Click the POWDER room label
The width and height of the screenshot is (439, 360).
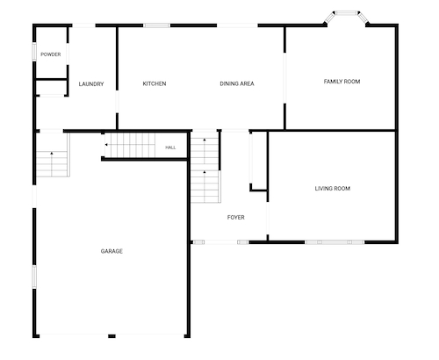(x=51, y=54)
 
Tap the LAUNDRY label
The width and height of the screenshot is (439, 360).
(x=91, y=84)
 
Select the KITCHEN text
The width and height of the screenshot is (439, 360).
(x=155, y=83)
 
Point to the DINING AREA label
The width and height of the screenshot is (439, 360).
(x=237, y=83)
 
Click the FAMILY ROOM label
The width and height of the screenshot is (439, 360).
(x=342, y=82)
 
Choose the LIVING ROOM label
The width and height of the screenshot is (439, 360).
(x=333, y=189)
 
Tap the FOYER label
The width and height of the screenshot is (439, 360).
(x=235, y=218)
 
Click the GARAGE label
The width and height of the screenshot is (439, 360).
(x=112, y=251)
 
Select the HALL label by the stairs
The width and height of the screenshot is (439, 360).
(x=170, y=148)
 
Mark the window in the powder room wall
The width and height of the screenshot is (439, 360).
(x=34, y=52)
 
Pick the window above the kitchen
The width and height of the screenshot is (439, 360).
(x=156, y=25)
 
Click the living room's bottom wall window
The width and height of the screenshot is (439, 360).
(x=335, y=242)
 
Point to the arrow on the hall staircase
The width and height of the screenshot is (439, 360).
(x=106, y=145)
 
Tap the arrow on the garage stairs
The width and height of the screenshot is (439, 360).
(x=52, y=153)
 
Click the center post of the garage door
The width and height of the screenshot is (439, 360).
(x=112, y=336)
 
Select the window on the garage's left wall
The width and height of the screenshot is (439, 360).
(x=34, y=277)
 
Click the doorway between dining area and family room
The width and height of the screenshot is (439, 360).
(x=284, y=78)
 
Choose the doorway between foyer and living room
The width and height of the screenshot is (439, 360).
(x=268, y=218)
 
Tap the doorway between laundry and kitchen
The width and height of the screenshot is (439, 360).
(x=117, y=102)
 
